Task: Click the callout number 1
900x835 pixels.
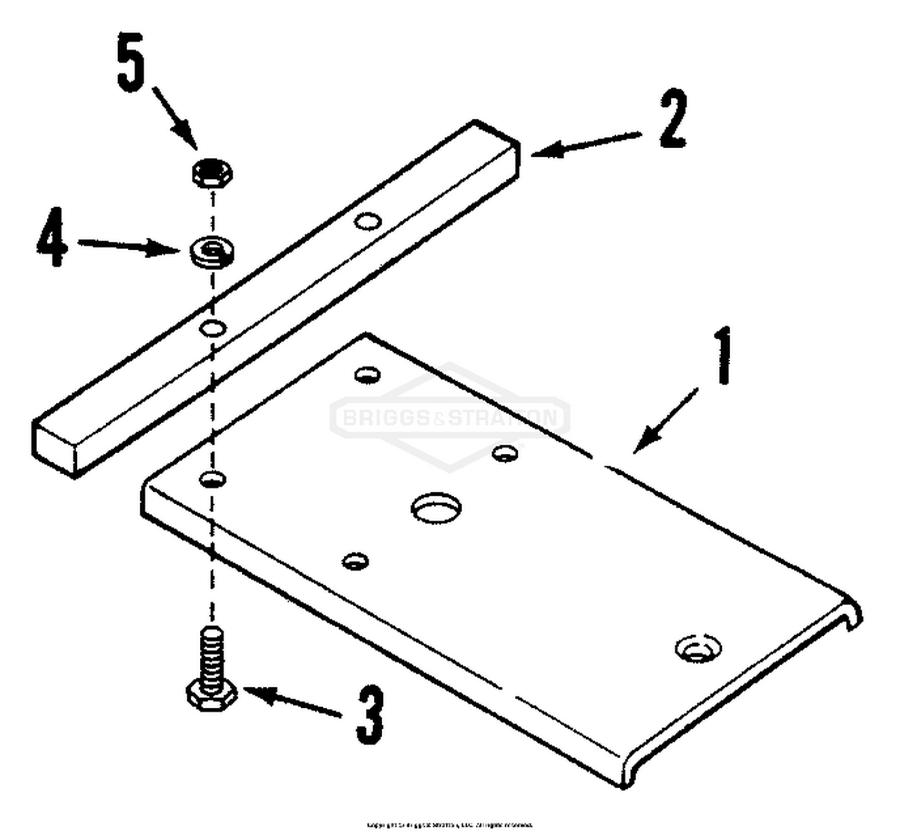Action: point(724,355)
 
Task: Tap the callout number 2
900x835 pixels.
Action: point(673,119)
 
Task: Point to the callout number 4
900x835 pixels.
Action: point(51,237)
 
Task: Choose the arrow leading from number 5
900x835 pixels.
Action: point(174,118)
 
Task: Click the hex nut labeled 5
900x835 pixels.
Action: point(212,173)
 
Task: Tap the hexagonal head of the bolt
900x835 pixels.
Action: point(211,696)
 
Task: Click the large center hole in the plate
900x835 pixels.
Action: point(436,508)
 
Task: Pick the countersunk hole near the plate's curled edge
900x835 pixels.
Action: point(698,648)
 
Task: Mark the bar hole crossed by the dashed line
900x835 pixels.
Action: point(212,328)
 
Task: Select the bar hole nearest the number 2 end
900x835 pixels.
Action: point(368,221)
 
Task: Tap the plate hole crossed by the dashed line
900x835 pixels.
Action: point(213,479)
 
